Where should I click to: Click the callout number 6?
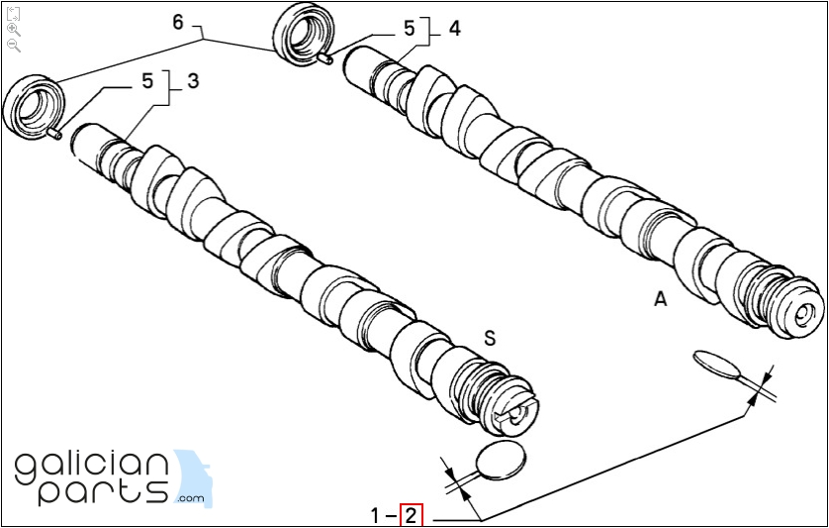(178, 21)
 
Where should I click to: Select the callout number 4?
(454, 28)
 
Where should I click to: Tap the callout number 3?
(193, 80)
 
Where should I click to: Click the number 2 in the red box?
(411, 515)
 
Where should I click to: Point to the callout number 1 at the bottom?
(376, 515)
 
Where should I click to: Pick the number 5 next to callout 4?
(409, 30)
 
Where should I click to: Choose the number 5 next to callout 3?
(147, 81)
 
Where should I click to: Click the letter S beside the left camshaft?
(489, 339)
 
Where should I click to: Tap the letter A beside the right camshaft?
(660, 298)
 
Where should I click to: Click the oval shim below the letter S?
(501, 459)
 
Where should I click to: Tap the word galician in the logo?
(92, 465)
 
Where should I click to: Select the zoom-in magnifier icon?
(14, 30)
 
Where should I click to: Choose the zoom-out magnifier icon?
(14, 46)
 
